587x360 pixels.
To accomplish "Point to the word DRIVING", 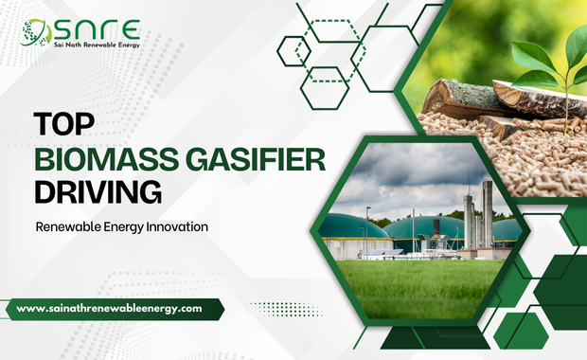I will pos(98,192).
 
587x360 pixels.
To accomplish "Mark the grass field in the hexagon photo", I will pos(417,289).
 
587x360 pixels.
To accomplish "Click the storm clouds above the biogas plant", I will pos(417,175).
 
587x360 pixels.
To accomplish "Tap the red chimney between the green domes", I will pos(435,227).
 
